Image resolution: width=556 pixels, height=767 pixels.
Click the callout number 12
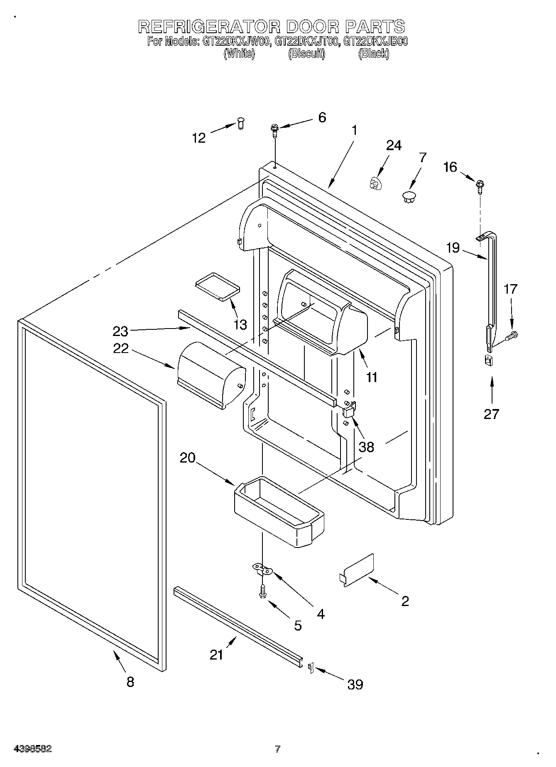click(199, 138)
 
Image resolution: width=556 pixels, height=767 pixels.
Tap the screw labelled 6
click(274, 129)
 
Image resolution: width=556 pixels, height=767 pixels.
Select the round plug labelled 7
click(409, 197)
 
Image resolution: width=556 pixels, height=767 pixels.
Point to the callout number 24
click(394, 146)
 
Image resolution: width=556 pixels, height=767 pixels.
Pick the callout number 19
click(453, 248)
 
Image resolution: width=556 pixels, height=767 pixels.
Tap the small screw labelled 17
click(512, 335)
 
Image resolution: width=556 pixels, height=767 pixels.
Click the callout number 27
click(491, 414)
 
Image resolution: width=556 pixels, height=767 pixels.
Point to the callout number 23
click(120, 331)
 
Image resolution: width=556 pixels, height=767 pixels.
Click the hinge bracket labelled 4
click(262, 569)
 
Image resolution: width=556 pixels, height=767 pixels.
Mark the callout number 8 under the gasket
click(130, 682)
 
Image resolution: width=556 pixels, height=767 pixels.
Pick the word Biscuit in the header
click(306, 54)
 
